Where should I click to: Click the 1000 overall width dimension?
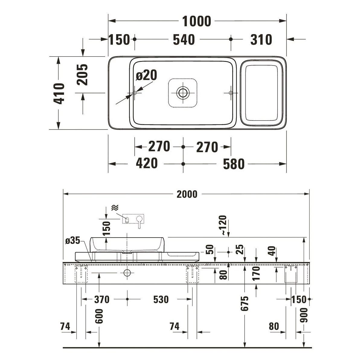[197, 21]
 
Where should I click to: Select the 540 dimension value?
[184, 40]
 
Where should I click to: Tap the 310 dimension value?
[261, 40]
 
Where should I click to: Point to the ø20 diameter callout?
[146, 75]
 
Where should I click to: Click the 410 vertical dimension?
[59, 94]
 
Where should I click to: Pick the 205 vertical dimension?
[82, 75]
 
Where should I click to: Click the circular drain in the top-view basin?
[183, 93]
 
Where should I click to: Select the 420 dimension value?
[147, 163]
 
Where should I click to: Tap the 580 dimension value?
[234, 164]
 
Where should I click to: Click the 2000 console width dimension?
[187, 194]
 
